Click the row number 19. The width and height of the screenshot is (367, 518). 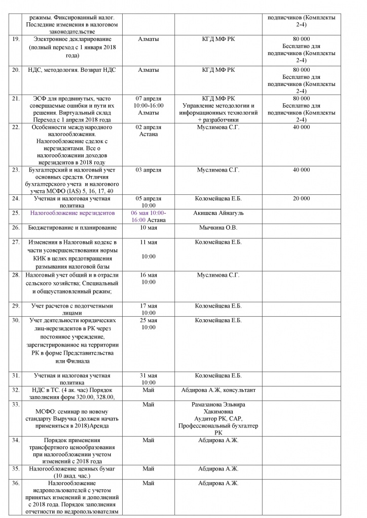click(x=16, y=39)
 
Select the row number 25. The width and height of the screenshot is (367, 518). click(x=16, y=213)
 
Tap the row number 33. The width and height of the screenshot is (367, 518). click(x=16, y=405)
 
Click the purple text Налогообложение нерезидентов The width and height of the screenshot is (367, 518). click(x=72, y=213)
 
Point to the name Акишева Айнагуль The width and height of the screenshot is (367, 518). click(x=218, y=213)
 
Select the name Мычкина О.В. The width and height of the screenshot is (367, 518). click(x=218, y=228)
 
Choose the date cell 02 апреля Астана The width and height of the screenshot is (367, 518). click(x=149, y=131)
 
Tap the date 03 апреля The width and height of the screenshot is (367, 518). click(x=149, y=169)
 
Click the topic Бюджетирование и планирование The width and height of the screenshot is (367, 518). click(x=72, y=228)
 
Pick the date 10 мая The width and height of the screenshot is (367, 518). click(x=149, y=228)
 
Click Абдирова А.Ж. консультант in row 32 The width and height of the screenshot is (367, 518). click(x=218, y=390)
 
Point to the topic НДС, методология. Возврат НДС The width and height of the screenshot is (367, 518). click(x=72, y=69)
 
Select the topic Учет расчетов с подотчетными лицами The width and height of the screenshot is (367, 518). click(x=72, y=309)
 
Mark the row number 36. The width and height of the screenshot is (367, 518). click(x=16, y=484)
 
